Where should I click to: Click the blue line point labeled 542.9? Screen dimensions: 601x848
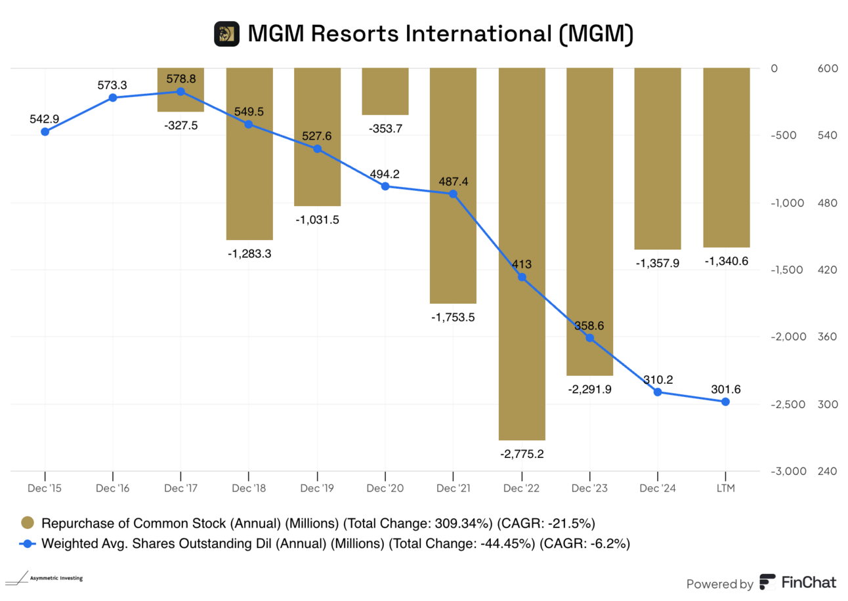pyautogui.click(x=45, y=131)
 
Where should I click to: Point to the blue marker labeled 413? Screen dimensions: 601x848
pyautogui.click(x=522, y=278)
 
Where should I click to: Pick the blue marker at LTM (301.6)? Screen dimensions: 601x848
pyautogui.click(x=726, y=402)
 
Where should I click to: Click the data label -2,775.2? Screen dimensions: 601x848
pyautogui.click(x=522, y=454)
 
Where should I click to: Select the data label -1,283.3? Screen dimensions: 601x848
pyautogui.click(x=249, y=253)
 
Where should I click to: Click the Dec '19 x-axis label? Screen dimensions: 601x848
pyautogui.click(x=317, y=489)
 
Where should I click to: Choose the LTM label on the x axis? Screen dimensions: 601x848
pyautogui.click(x=726, y=489)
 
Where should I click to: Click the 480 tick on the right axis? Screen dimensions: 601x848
pyautogui.click(x=824, y=203)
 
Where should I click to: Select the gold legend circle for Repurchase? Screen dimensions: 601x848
pyautogui.click(x=27, y=523)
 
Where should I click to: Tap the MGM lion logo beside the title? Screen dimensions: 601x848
pyautogui.click(x=226, y=34)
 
